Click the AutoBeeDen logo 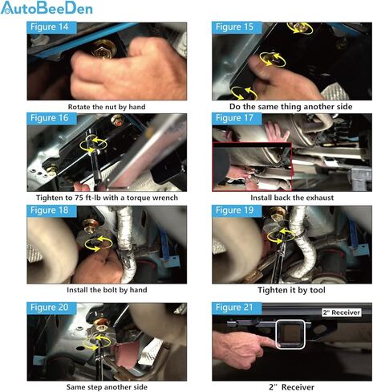coord(47,7)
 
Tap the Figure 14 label coord(50,27)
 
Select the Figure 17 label coord(234,118)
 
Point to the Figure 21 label coord(234,308)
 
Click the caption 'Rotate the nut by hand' coord(107,107)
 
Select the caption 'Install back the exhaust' coord(292,198)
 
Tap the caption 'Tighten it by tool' coord(291,290)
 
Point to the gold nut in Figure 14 coord(103,49)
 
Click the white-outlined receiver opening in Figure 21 coord(290,334)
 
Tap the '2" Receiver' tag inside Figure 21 coord(341,312)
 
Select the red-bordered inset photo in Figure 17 coord(252,166)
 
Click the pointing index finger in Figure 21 coord(268,342)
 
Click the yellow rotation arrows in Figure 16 coord(93,145)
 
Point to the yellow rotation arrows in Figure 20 coord(96,341)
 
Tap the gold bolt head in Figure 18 coord(90,226)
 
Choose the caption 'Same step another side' coord(107,387)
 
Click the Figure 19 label coord(234,210)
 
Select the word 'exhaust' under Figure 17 coord(320,198)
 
